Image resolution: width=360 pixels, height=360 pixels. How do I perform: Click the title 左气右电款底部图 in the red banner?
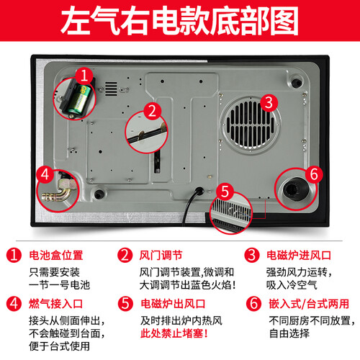179,21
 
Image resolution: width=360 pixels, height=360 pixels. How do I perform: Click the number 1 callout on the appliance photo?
84,76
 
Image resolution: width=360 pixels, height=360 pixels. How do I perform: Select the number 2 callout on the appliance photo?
152,111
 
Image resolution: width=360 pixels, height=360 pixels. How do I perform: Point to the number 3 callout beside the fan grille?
269,102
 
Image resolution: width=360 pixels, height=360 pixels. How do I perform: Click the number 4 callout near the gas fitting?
45,174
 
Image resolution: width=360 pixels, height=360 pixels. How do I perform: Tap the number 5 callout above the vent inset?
225,192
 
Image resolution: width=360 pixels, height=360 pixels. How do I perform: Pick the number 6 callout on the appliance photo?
314,174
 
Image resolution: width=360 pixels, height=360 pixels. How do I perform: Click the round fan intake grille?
250,125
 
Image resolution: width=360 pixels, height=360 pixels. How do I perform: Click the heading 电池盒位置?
56,256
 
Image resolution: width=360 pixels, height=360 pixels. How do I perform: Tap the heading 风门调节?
161,256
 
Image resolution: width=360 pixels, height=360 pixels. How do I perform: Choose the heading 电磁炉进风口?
299,256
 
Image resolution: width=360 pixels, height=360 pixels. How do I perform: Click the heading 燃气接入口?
56,304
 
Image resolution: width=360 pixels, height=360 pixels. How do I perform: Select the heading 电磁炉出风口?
173,304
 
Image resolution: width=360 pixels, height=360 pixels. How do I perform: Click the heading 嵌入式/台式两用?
309,304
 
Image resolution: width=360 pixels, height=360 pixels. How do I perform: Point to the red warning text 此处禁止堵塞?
174,333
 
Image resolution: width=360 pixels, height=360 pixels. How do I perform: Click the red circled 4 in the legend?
14,303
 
